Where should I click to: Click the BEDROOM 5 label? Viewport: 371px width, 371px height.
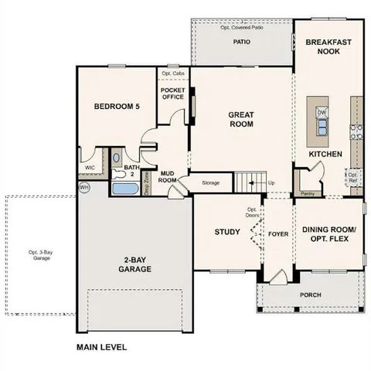click(117, 107)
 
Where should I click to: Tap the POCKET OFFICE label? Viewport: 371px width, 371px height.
click(172, 94)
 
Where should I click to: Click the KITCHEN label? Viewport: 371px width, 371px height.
click(325, 154)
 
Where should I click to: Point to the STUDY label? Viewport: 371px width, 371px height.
click(227, 232)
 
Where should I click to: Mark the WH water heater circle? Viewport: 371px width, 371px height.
click(83, 187)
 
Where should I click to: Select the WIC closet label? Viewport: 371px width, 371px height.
click(90, 166)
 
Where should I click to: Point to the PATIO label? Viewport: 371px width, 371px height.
click(243, 43)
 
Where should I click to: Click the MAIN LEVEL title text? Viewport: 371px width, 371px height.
click(101, 347)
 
